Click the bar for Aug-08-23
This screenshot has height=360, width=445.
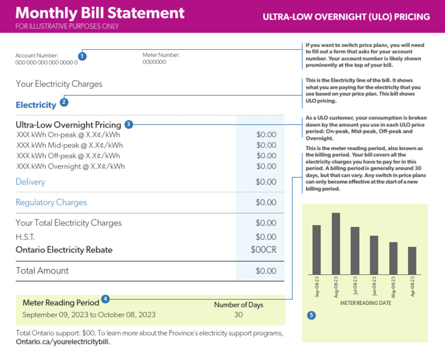[x=335, y=243]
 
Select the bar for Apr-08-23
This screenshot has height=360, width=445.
[x=412, y=261]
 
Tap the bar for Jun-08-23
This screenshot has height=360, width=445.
[x=374, y=255]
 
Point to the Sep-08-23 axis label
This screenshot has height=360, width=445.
[x=317, y=287]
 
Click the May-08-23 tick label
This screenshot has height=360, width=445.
[x=393, y=287]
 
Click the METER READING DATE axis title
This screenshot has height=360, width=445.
[x=366, y=303]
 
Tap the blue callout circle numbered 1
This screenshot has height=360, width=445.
[x=82, y=56]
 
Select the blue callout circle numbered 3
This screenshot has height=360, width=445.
[x=129, y=124]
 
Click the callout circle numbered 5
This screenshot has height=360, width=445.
[x=311, y=315]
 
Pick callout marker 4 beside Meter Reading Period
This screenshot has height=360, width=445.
[x=105, y=299]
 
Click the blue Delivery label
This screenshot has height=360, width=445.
[x=30, y=181]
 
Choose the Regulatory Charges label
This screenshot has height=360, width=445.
[x=51, y=202]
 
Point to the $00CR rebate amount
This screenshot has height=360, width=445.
[x=264, y=249]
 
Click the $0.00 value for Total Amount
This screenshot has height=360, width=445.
[x=266, y=271]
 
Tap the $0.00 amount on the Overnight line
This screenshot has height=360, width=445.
[x=266, y=166]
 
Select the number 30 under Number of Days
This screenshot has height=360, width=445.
[x=238, y=315]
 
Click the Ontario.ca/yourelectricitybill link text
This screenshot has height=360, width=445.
[x=63, y=341]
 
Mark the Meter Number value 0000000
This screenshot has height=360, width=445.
[x=154, y=62]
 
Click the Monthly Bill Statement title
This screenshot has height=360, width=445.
[x=100, y=13]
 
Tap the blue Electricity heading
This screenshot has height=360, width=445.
[x=36, y=105]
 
